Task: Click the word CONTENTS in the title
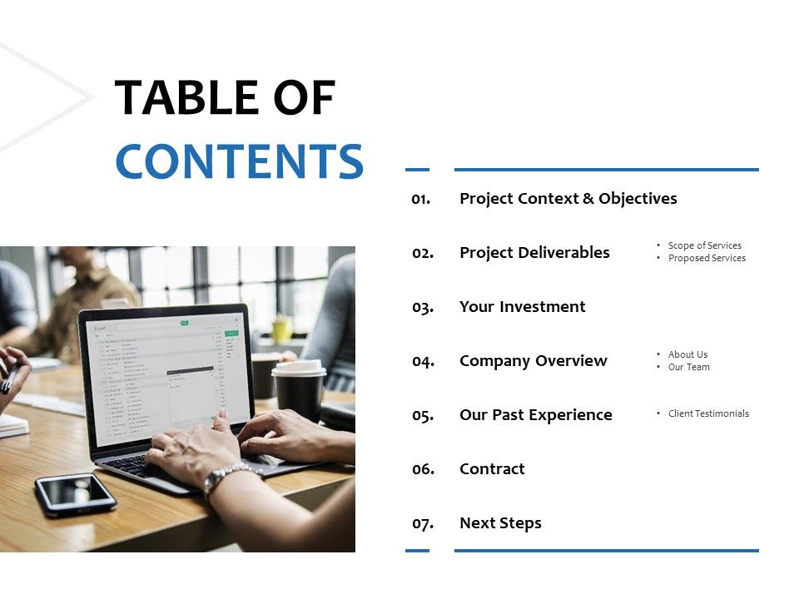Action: click(x=239, y=162)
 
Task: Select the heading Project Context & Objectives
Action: click(x=568, y=199)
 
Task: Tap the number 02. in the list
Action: click(x=423, y=253)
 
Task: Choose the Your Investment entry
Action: click(x=522, y=307)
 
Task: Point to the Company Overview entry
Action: click(x=533, y=361)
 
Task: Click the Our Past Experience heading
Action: click(x=535, y=415)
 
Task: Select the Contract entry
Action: click(x=492, y=469)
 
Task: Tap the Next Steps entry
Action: click(x=500, y=523)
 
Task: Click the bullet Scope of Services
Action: click(x=704, y=245)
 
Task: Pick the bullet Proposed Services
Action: click(x=707, y=258)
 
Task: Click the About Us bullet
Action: click(x=687, y=354)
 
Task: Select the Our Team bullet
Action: click(x=688, y=367)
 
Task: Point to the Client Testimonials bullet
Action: click(x=708, y=413)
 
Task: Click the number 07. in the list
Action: click(x=423, y=523)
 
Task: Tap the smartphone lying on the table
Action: click(x=76, y=494)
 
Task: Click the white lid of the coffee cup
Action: click(x=299, y=368)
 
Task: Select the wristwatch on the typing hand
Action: click(x=226, y=478)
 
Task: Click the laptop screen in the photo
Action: click(x=166, y=375)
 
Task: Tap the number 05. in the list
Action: click(x=423, y=415)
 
